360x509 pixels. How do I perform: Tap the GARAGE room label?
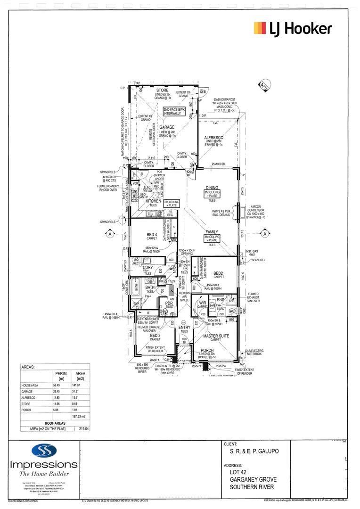coord(166,127)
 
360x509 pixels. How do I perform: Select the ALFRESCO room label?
coord(217,137)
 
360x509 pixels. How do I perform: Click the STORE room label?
coord(162,90)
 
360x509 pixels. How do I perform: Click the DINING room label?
coord(212,188)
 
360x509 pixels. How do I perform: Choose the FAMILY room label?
coord(212,232)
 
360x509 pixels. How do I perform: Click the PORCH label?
coord(207,350)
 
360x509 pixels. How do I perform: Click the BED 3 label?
coord(155,335)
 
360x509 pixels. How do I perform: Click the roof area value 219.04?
coord(84,429)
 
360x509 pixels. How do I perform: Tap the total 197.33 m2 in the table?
coord(70,417)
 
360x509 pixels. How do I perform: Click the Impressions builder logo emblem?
coord(43,451)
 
